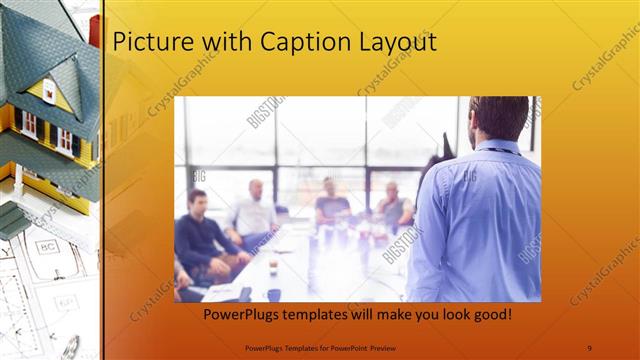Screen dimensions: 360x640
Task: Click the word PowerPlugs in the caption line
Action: coord(243,314)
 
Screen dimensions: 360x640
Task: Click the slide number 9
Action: coord(589,347)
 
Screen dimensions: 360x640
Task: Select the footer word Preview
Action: coord(406,347)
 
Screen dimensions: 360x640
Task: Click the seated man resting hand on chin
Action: coord(393,204)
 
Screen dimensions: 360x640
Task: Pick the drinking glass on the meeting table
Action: coord(273,266)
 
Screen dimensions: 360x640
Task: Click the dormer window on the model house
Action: coord(49,91)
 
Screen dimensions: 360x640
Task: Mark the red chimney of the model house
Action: coord(94,31)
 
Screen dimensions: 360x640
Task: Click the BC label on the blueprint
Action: coord(46,246)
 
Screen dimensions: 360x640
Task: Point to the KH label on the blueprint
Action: coord(66,301)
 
